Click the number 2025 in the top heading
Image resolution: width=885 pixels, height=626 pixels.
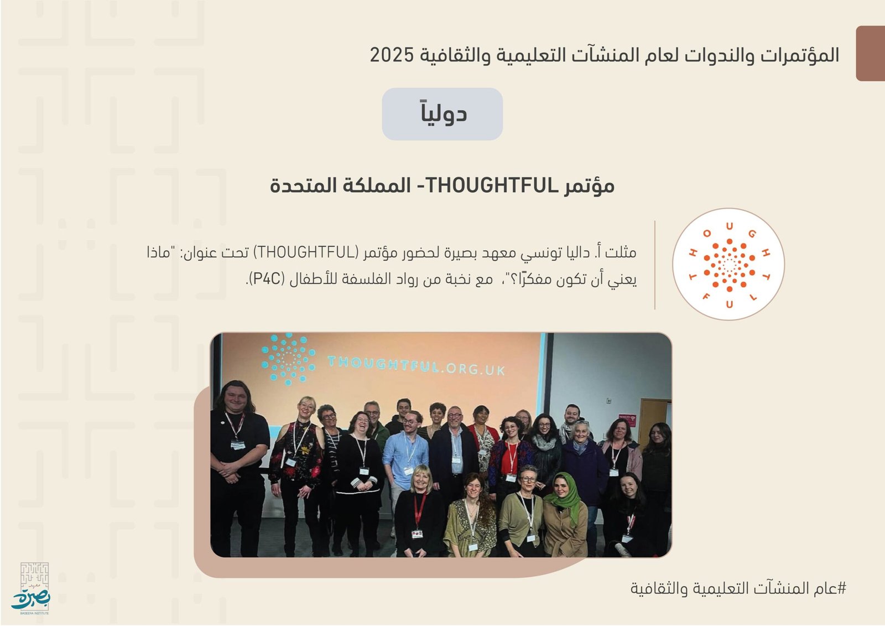pyautogui.click(x=392, y=55)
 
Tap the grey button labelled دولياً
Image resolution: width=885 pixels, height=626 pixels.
pyautogui.click(x=442, y=114)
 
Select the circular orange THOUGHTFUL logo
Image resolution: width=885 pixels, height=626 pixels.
pyautogui.click(x=728, y=264)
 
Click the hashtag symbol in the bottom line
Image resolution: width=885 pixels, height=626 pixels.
pyautogui.click(x=841, y=588)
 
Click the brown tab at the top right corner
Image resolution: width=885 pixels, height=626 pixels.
pyautogui.click(x=871, y=53)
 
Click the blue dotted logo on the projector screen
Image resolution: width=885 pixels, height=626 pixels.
pyautogui.click(x=288, y=359)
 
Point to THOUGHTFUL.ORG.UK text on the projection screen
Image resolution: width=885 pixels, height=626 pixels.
pyautogui.click(x=417, y=365)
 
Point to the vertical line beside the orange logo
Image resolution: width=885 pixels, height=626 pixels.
pyautogui.click(x=655, y=265)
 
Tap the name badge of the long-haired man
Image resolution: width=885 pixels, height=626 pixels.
pyautogui.click(x=238, y=444)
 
